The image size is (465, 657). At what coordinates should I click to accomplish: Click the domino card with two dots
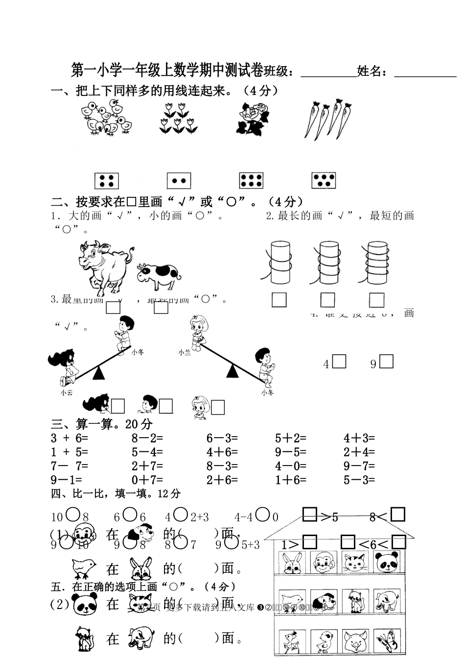(178, 181)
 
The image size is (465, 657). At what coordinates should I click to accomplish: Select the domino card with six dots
(251, 181)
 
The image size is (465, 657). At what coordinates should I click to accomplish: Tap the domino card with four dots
(107, 181)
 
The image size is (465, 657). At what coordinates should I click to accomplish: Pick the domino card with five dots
(323, 181)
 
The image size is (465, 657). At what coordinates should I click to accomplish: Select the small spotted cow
(158, 276)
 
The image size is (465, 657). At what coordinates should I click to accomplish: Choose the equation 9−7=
(359, 466)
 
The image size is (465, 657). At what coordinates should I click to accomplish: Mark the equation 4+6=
(222, 452)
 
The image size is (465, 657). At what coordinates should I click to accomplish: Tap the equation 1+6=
(290, 480)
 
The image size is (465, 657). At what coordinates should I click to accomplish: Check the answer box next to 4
(339, 361)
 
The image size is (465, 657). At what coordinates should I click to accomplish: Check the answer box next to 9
(387, 361)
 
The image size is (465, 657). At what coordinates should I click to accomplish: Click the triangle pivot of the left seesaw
(99, 373)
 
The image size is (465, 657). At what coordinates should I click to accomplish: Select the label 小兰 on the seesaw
(185, 352)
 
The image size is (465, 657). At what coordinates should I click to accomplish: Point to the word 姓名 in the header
(369, 71)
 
